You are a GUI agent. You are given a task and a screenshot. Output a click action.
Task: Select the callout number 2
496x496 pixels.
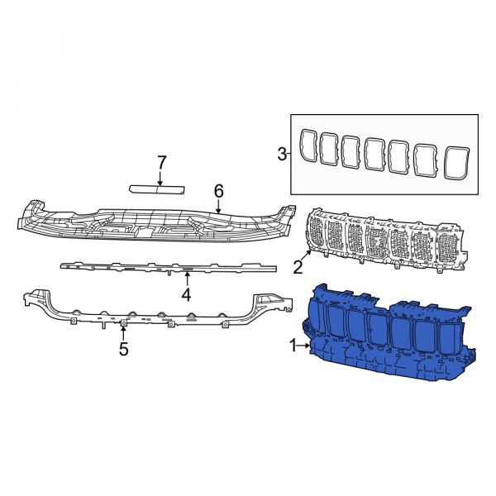tap(297, 266)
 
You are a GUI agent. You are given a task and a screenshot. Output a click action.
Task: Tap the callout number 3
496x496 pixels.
tap(281, 153)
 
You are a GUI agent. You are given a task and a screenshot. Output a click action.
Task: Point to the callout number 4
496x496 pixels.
tap(187, 294)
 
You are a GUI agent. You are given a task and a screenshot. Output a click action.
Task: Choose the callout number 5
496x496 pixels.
tap(123, 349)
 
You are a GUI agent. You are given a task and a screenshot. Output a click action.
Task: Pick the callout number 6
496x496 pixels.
tap(219, 191)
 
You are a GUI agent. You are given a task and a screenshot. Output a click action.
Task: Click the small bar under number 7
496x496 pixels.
tap(157, 187)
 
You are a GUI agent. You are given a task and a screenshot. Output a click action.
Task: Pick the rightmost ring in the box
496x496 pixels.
tap(456, 161)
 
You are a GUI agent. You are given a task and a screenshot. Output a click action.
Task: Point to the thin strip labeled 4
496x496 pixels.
tap(165, 267)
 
